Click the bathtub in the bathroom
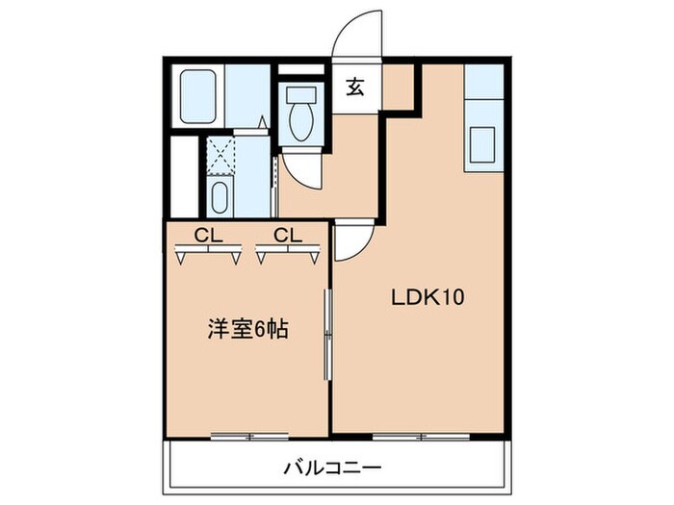coord(197,96)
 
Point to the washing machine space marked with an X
coord(220,153)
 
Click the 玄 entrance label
coord(355,88)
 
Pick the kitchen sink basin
coord(483,146)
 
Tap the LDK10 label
coord(428,297)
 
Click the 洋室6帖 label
coord(248,329)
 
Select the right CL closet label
coord(286,234)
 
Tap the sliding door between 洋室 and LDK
coord(329,332)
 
